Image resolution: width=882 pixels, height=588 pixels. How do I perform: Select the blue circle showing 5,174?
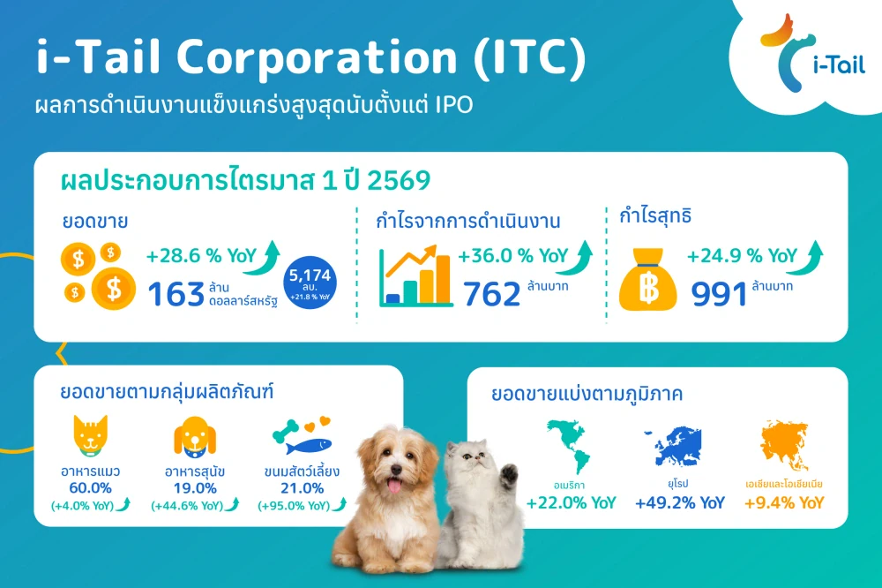pyautogui.click(x=309, y=282)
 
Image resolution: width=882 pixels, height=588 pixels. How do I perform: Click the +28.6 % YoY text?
pyautogui.click(x=202, y=256)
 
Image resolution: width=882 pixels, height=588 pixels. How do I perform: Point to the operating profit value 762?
pyautogui.click(x=490, y=294)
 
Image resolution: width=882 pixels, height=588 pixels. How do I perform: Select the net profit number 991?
pyautogui.click(x=719, y=294)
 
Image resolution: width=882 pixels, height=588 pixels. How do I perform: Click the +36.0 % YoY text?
pyautogui.click(x=512, y=256)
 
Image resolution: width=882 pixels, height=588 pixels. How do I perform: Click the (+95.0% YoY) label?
pyautogui.click(x=295, y=506)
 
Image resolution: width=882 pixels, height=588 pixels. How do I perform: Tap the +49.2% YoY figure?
pyautogui.click(x=680, y=503)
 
